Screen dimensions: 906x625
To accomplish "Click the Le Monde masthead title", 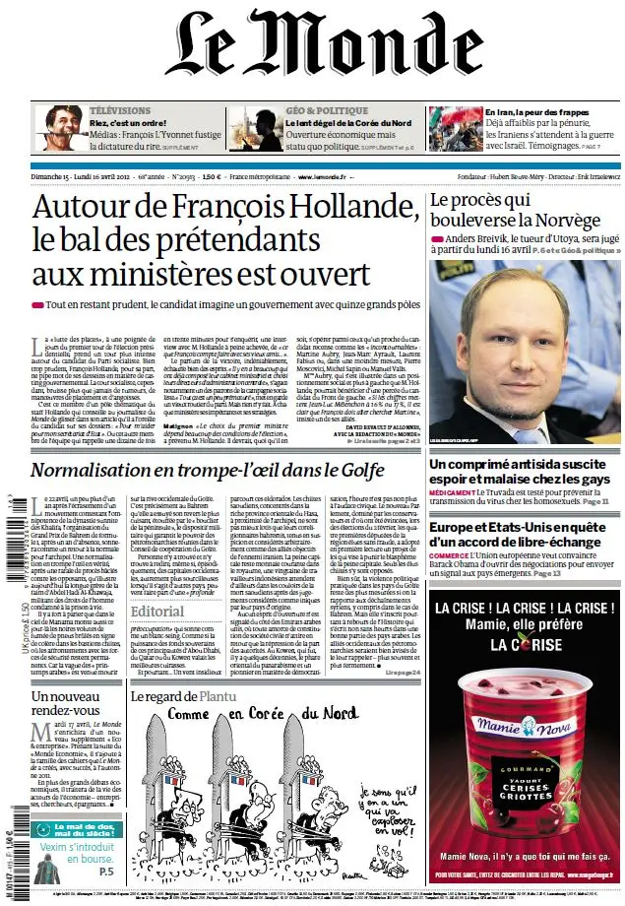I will coord(313,52).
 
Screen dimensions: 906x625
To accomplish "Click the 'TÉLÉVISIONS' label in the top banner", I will coord(120,110).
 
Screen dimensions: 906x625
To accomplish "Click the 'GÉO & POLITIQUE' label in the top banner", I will coord(319,110).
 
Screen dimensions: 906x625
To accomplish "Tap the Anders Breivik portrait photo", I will coord(525,346).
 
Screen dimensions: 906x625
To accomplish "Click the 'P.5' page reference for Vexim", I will coord(105,872).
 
